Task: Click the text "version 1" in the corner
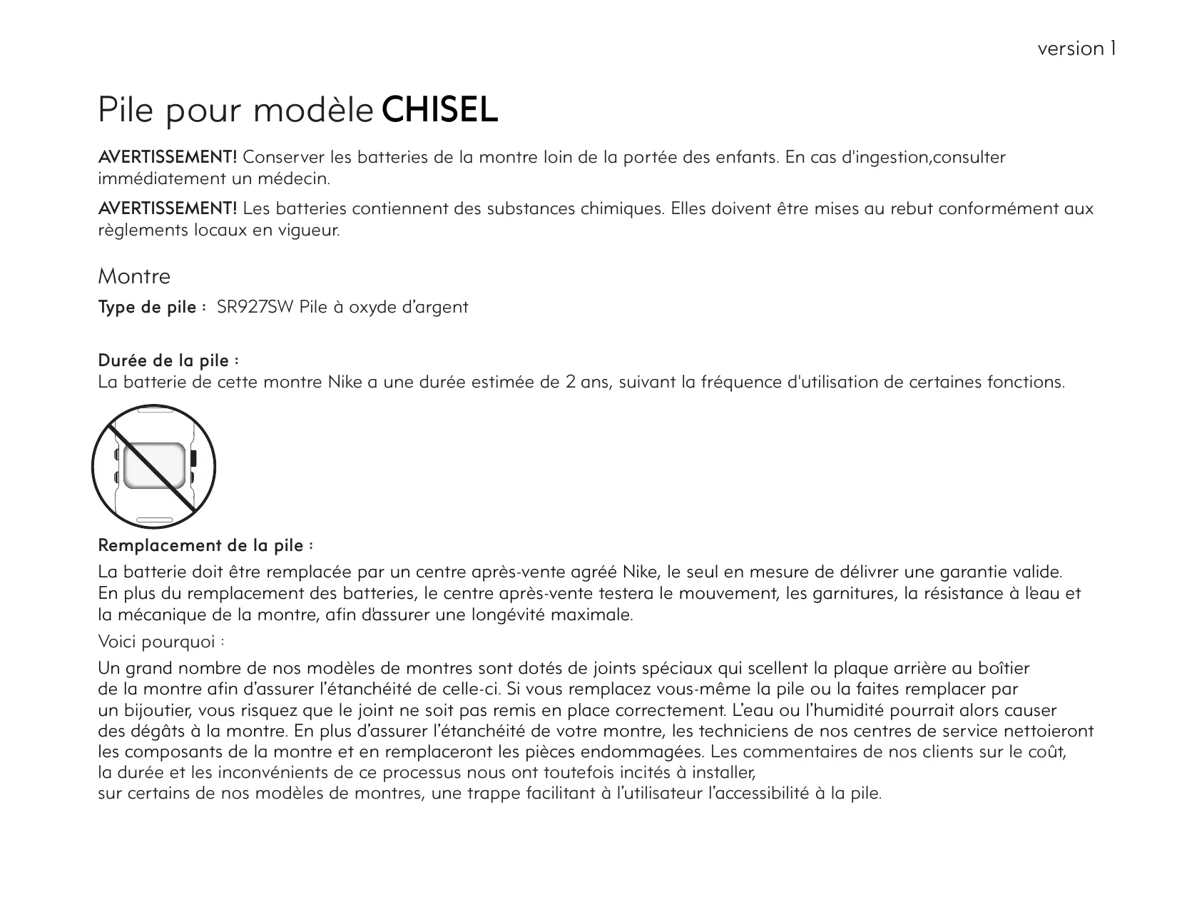click(1076, 49)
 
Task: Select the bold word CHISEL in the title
click(439, 111)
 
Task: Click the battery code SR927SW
click(255, 308)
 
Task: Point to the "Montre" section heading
click(134, 276)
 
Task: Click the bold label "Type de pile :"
click(152, 308)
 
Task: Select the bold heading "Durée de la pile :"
click(168, 360)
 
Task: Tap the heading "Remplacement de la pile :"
click(205, 546)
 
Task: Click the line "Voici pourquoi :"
click(162, 642)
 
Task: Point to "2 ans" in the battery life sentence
click(583, 383)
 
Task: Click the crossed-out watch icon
click(153, 467)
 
